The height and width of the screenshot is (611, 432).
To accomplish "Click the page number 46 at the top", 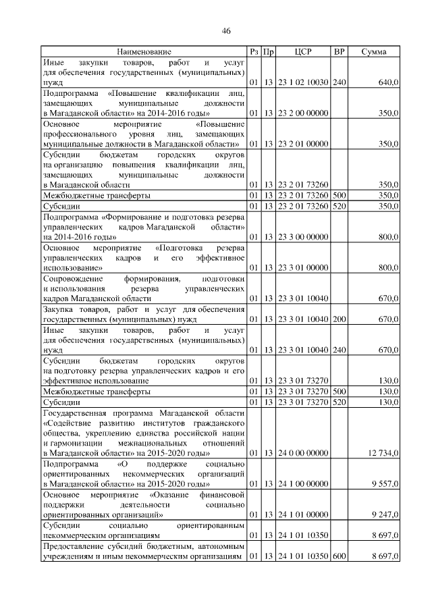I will [x=226, y=30].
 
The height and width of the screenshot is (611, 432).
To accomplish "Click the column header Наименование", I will [x=144, y=52].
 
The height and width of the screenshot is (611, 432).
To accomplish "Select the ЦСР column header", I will [x=303, y=52].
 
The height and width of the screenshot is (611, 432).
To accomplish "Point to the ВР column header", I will [x=340, y=52].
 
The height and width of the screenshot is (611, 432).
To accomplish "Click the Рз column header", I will [x=253, y=52].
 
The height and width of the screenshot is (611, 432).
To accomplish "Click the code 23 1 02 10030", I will [x=303, y=82].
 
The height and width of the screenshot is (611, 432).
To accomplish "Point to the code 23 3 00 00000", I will [x=303, y=237].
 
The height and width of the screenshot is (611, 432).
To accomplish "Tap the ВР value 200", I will [x=340, y=319].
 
